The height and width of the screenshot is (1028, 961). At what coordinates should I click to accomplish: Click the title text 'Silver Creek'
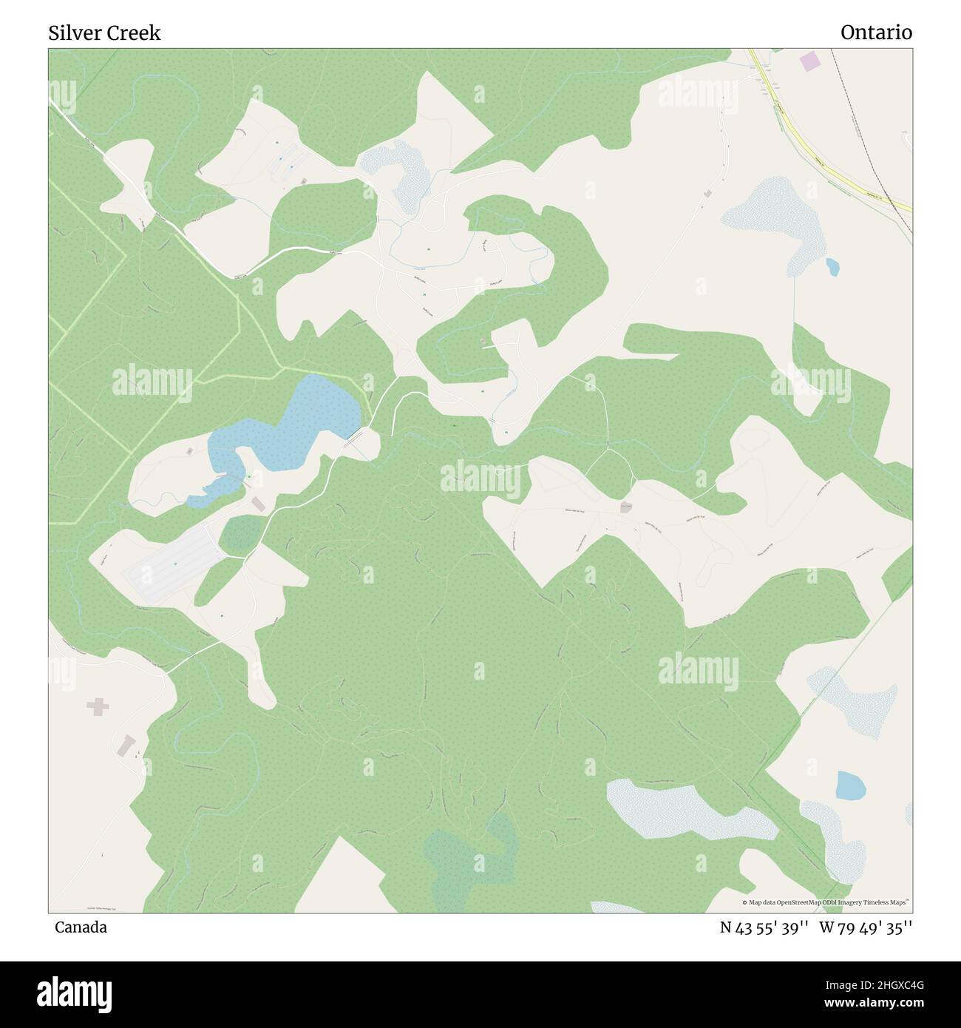(x=104, y=33)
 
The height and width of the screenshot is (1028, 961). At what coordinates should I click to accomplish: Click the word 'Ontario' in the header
(x=876, y=33)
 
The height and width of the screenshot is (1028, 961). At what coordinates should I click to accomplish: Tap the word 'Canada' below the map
(x=81, y=927)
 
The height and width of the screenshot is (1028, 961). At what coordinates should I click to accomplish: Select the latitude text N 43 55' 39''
(x=764, y=927)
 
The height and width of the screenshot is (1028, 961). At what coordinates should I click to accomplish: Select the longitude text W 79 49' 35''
(x=865, y=927)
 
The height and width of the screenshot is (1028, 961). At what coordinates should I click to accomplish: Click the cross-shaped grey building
(x=98, y=707)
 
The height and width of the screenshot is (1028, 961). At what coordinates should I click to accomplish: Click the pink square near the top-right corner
(x=811, y=61)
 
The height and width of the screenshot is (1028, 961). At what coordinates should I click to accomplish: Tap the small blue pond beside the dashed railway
(x=832, y=266)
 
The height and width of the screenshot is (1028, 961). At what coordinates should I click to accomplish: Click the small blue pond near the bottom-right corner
(x=850, y=785)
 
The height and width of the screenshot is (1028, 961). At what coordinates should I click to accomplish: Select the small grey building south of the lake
(x=258, y=504)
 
